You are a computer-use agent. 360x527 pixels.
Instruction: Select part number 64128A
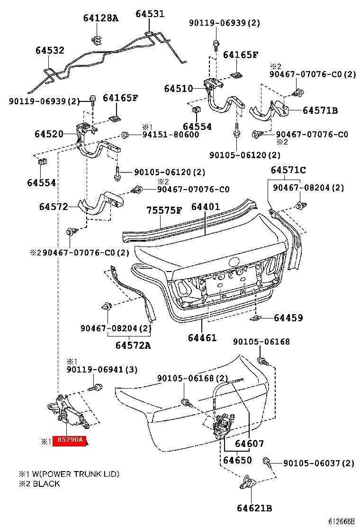[x=100, y=18]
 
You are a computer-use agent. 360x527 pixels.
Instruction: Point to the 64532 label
[x=50, y=50]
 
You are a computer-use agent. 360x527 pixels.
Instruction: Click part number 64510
[x=179, y=88]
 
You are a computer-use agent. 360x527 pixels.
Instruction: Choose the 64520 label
[x=49, y=134]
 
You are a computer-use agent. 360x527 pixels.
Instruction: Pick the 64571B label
[x=320, y=110]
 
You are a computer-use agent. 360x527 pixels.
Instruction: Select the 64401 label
[x=206, y=207]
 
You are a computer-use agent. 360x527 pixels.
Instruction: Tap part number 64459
[x=288, y=318]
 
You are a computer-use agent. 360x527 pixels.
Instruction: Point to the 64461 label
[x=202, y=338]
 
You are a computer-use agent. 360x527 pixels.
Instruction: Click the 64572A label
[x=133, y=345]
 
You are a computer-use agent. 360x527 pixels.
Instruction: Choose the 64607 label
[x=249, y=444]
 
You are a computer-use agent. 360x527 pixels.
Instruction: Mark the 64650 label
[x=237, y=460]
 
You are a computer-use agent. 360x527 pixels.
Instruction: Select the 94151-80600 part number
[x=171, y=135]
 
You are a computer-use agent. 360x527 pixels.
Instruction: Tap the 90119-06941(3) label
[x=102, y=370]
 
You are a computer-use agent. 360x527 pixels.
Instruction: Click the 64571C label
[x=288, y=170]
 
